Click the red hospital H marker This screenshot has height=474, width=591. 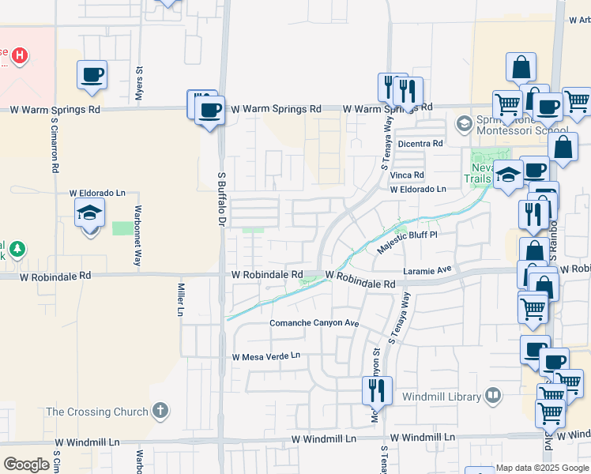tap(21, 56)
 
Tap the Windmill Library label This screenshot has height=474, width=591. tap(441, 395)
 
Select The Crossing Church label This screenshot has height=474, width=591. tap(97, 412)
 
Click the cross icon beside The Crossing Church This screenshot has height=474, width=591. tap(160, 411)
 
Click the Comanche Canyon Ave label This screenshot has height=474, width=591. tap(314, 324)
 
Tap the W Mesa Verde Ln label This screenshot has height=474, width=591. tap(266, 357)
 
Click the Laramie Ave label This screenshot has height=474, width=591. tap(427, 269)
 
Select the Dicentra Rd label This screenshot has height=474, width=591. tap(420, 144)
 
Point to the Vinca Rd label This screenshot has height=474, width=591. tap(407, 175)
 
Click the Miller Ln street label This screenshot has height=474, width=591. tap(181, 298)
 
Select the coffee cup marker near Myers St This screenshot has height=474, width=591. tap(92, 75)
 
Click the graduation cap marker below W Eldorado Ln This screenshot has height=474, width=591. tap(89, 213)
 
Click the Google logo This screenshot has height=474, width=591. tap(26, 465)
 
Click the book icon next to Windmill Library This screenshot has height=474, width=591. tap(493, 394)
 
